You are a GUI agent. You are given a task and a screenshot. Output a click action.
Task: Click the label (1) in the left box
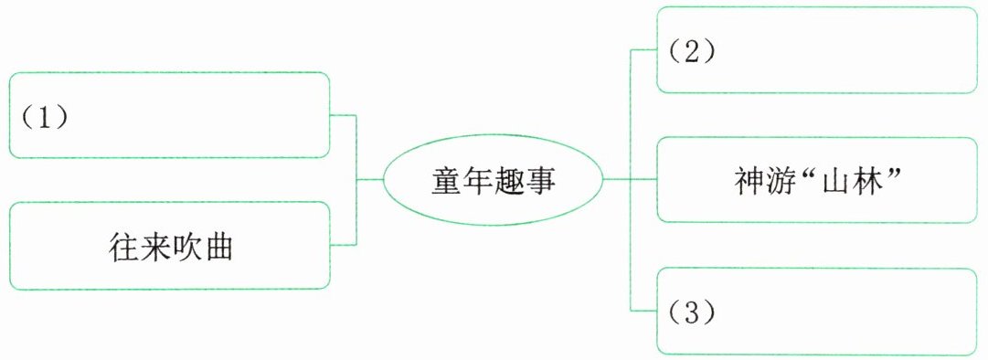[45, 119]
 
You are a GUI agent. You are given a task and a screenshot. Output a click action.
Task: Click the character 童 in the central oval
[446, 180]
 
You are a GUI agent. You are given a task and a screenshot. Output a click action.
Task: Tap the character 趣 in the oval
[509, 180]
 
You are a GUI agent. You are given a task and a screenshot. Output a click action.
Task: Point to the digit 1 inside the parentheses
[45, 119]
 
